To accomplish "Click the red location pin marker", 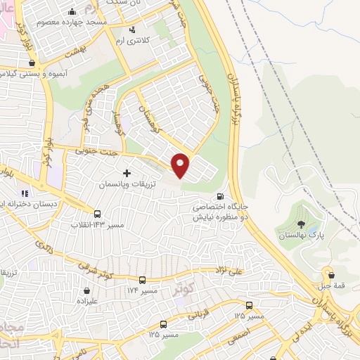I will (x=181, y=166).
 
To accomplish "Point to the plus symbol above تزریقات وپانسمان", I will (x=127, y=172).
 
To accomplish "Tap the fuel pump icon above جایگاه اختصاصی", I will (x=221, y=196).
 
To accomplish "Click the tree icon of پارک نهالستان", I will (x=302, y=224).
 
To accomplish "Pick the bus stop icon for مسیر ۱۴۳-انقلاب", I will (x=97, y=214).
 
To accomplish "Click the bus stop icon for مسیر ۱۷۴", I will (x=143, y=279).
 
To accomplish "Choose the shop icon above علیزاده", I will (x=86, y=290).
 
